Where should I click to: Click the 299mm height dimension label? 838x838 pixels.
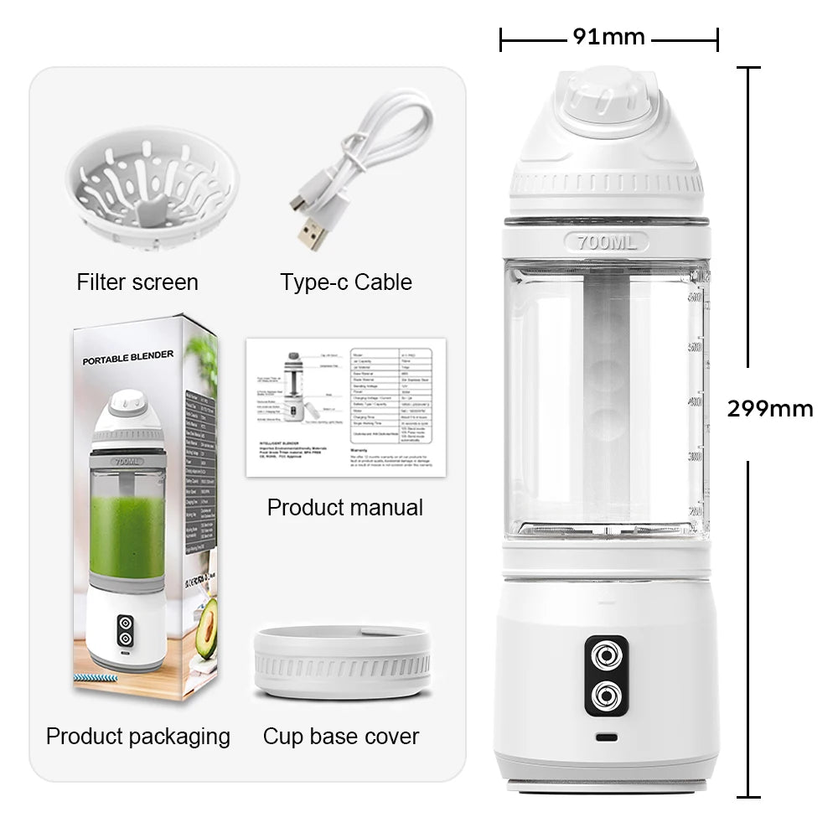[x=769, y=409]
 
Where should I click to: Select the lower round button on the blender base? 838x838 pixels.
[x=606, y=695]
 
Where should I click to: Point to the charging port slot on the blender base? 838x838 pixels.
[x=606, y=738]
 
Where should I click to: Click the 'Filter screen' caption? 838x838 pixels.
[x=137, y=282]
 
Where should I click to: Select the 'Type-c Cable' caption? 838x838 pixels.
[x=346, y=282]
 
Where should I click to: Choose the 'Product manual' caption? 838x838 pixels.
[x=344, y=508]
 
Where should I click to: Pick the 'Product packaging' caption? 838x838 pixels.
[x=138, y=737]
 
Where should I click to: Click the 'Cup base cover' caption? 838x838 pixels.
[x=341, y=737]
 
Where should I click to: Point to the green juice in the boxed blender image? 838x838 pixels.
[x=127, y=536]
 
